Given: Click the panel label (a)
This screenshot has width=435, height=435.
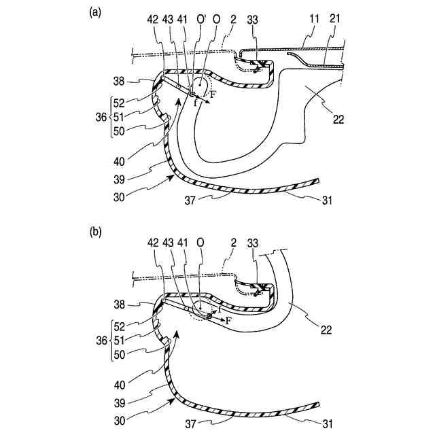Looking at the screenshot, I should (96, 12).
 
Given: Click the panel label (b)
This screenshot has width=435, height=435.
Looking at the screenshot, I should (96, 232).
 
